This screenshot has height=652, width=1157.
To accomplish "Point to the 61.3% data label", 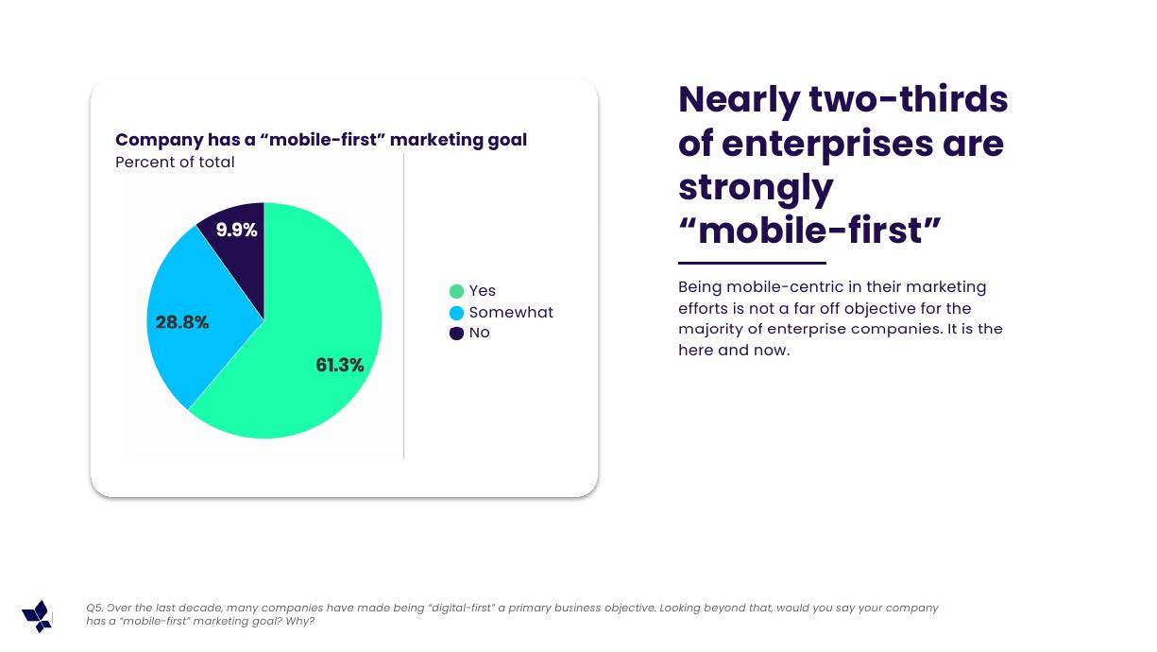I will (x=339, y=366).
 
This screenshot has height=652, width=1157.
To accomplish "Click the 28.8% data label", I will (x=182, y=322).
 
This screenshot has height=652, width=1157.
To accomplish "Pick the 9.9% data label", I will (x=236, y=230).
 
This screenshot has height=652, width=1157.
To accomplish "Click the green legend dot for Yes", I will (x=457, y=291).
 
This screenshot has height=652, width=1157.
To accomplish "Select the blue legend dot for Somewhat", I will (x=457, y=313).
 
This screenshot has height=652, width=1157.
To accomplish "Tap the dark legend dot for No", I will (x=457, y=334).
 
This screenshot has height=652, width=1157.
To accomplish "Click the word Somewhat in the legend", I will (x=511, y=313).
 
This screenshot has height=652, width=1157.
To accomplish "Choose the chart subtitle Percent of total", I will (x=175, y=163).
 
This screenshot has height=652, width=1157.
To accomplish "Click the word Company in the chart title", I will (x=159, y=140).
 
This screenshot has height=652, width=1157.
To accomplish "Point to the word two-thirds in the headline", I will (x=908, y=99).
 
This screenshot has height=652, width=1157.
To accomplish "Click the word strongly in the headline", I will (x=756, y=187).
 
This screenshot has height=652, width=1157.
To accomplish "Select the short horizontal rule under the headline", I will (x=752, y=263).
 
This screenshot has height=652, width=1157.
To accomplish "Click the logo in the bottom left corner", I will (x=37, y=616).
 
